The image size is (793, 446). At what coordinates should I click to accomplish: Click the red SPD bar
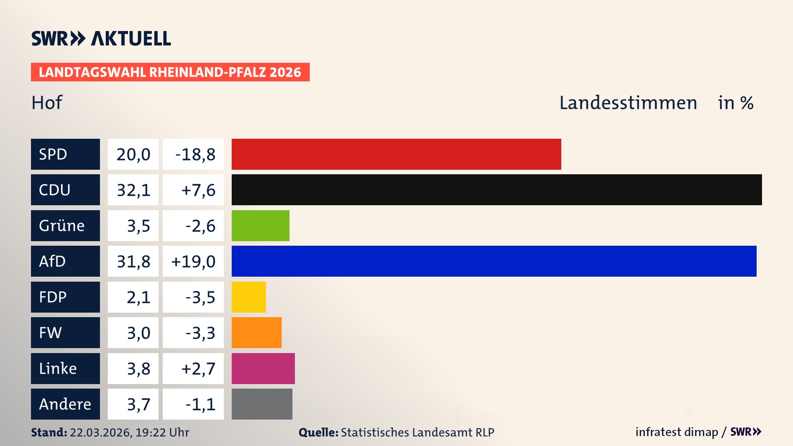click(x=396, y=154)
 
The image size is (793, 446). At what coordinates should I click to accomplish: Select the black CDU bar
click(x=496, y=190)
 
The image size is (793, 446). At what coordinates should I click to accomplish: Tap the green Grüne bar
click(x=260, y=225)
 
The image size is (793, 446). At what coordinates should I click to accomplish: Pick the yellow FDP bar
click(x=249, y=297)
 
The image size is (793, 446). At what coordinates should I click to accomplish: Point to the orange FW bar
click(x=256, y=332)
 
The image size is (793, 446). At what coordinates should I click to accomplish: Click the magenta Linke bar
click(x=263, y=368)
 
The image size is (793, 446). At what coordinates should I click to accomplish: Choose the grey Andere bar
click(x=262, y=404)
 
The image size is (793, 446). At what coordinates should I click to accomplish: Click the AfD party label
click(x=52, y=261)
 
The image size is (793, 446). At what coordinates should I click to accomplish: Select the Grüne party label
click(x=62, y=225)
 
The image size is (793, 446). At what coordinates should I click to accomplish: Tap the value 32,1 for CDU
click(x=133, y=190)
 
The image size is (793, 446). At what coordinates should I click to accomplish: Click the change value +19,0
click(x=193, y=261)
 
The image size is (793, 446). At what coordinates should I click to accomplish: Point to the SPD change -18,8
click(x=195, y=154)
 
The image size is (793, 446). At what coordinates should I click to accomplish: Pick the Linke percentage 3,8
click(x=138, y=368)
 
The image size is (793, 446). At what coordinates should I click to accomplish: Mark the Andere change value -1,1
click(x=200, y=404)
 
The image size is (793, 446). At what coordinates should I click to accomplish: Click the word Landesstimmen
click(x=628, y=103)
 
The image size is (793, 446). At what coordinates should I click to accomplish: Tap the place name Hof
click(x=47, y=103)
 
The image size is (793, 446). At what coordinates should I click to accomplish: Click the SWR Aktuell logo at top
click(x=101, y=38)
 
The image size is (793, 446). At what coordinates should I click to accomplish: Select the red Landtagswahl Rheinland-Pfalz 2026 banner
click(x=170, y=72)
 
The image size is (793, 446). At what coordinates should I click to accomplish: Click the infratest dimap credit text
click(x=677, y=432)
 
